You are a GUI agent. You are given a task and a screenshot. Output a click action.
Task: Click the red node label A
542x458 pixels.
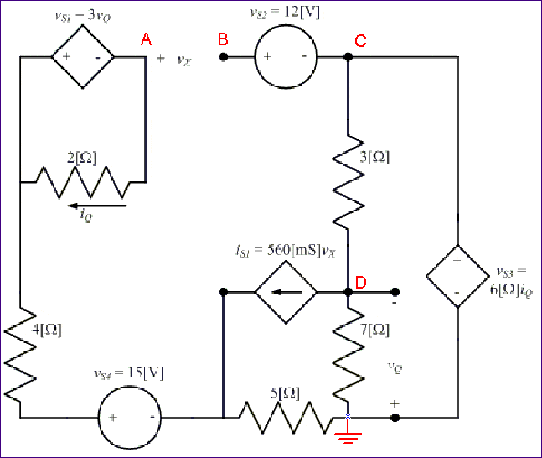point(147,39)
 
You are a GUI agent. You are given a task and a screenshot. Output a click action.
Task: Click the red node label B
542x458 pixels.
point(223,39)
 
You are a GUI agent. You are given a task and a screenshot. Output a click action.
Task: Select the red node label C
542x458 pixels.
point(360,40)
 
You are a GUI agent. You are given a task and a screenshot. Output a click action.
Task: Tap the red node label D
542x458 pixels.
point(360,282)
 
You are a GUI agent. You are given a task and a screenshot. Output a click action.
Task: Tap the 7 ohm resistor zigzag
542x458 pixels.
point(348,352)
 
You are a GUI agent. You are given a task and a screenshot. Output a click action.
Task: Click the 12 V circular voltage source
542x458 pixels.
point(286,57)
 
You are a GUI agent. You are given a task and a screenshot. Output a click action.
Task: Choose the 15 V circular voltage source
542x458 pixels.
point(131,417)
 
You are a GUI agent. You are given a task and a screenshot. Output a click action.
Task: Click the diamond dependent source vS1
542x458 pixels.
point(83,57)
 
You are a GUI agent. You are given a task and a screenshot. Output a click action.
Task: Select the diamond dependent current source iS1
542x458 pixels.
point(286,293)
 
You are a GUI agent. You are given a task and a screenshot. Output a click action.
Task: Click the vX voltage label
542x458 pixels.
point(184,60)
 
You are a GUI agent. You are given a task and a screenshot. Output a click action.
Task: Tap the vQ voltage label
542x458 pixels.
point(395,367)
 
